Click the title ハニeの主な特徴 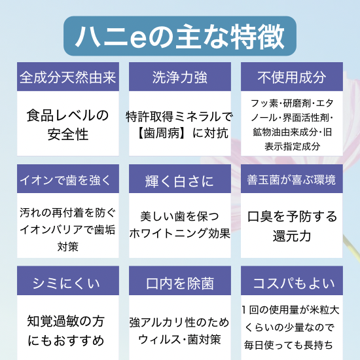tap(180, 36)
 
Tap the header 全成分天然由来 tap(67, 77)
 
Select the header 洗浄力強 tap(180, 77)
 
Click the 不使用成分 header tap(291, 77)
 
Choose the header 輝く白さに tap(179, 181)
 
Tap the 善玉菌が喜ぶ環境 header tap(291, 179)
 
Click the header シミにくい tap(66, 283)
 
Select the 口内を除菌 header tap(180, 283)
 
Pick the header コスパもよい tap(294, 283)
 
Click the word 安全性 tap(68, 134)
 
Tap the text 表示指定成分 tap(293, 146)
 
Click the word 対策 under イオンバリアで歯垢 tap(67, 247)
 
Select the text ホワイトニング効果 tap(180, 234)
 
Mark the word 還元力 tap(291, 236)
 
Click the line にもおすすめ tap(66, 340)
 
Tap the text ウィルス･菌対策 tap(180, 339)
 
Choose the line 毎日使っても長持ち tap(289, 345)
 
